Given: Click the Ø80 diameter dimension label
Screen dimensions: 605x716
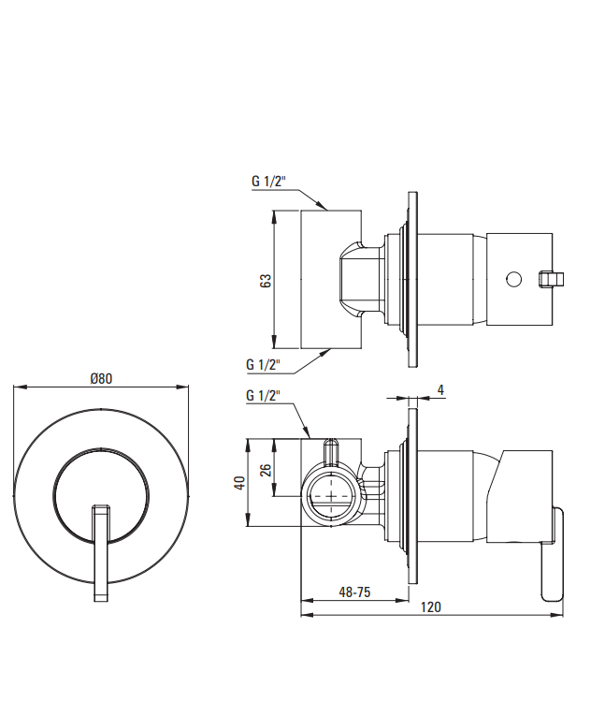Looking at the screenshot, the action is tap(101, 378).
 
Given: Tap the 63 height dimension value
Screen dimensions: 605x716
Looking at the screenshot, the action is tap(265, 281).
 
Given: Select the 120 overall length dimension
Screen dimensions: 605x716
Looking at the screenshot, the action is tap(431, 606).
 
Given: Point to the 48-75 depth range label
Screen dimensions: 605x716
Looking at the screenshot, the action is tap(354, 592).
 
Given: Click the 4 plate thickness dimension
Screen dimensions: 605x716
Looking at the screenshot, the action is tap(440, 390).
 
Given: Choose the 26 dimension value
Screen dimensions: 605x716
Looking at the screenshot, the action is tap(265, 470).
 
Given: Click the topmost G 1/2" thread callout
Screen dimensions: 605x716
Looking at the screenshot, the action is tap(268, 182).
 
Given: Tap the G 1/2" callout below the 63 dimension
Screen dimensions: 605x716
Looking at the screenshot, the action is tap(263, 365).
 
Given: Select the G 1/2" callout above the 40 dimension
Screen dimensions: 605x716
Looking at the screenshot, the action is tap(263, 396).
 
